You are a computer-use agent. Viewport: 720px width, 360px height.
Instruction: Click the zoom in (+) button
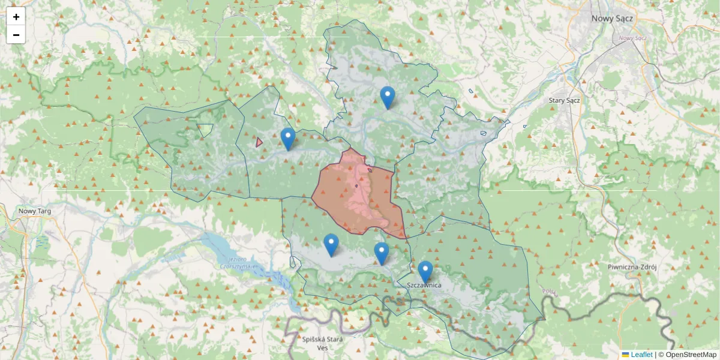pos(16,17)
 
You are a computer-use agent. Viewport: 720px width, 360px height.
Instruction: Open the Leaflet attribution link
pos(641,355)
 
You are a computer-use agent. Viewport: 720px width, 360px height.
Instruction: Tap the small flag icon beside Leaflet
pos(625,355)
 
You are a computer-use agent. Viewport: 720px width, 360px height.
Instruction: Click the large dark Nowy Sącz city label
pos(612,19)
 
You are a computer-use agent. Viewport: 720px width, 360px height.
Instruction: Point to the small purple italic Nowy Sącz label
pos(632,38)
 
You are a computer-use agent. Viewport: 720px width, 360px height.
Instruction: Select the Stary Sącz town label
pos(564,100)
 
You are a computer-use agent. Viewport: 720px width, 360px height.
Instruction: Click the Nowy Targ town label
pos(34,211)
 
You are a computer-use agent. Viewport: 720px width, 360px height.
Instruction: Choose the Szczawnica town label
pos(424,285)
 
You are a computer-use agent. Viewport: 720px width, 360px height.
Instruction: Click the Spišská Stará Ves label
pos(322,343)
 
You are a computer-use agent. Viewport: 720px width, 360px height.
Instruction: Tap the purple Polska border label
pos(550,292)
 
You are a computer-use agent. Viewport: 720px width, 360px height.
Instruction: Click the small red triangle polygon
pos(259,142)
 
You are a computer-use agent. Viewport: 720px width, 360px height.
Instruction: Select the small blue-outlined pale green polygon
pos(205,129)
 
